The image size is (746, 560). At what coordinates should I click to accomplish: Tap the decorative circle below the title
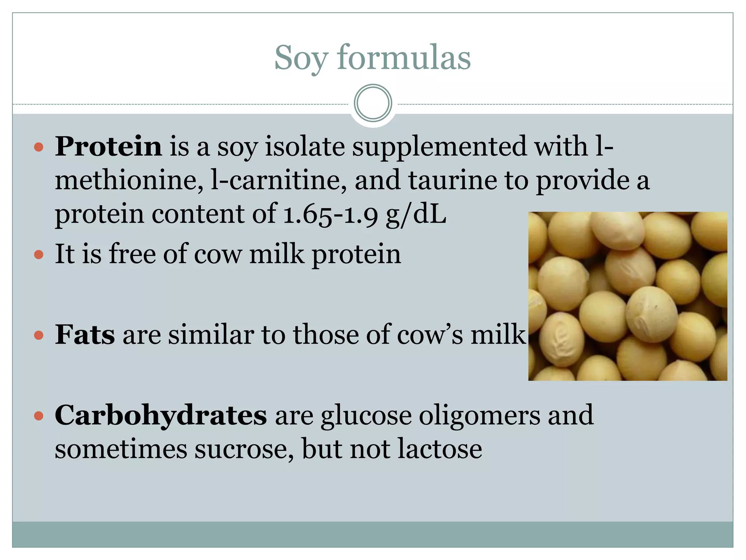(373, 103)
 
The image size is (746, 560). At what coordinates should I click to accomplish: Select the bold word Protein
(108, 147)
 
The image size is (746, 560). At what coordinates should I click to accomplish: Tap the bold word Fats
(85, 335)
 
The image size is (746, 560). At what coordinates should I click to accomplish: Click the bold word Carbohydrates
(161, 415)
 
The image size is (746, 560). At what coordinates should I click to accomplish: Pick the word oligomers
(479, 415)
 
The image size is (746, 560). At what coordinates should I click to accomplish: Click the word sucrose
(244, 449)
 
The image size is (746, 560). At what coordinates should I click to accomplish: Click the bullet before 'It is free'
(39, 254)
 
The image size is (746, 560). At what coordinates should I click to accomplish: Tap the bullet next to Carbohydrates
(39, 416)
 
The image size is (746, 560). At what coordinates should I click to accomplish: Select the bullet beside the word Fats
(39, 335)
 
